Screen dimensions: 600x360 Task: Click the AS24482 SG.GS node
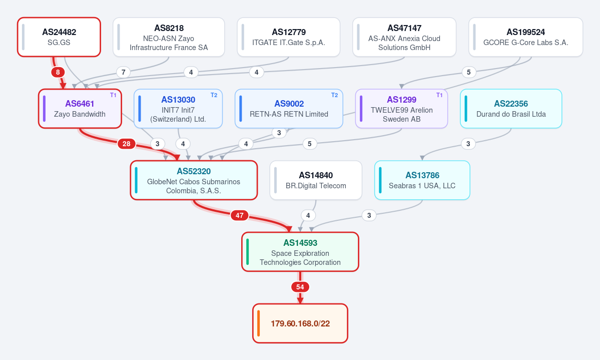[59, 37]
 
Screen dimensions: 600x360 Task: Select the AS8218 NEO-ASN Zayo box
[169, 37]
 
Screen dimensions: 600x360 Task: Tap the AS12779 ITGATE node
[289, 37]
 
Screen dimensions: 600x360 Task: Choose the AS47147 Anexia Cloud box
[404, 37]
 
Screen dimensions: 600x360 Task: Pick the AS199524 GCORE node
[526, 37]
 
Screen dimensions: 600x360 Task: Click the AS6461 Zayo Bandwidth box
[80, 109]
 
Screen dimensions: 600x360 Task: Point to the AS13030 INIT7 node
[178, 109]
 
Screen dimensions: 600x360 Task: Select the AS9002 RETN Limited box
[289, 109]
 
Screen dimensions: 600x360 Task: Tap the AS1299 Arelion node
[401, 109]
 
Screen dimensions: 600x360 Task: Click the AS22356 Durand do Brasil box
[511, 109]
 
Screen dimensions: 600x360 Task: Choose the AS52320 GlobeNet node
[194, 180]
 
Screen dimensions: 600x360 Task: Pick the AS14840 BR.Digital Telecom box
[316, 180]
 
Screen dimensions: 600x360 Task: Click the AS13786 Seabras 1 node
[422, 180]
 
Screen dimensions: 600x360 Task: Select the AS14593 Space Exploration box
[300, 252]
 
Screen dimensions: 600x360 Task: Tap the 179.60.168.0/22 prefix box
[300, 323]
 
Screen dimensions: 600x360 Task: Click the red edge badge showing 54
[300, 287]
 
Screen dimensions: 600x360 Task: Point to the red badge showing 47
[240, 215]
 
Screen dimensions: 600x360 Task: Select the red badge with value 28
[127, 144]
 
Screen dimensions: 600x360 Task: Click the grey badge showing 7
[123, 72]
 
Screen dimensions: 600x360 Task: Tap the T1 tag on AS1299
[439, 95]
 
